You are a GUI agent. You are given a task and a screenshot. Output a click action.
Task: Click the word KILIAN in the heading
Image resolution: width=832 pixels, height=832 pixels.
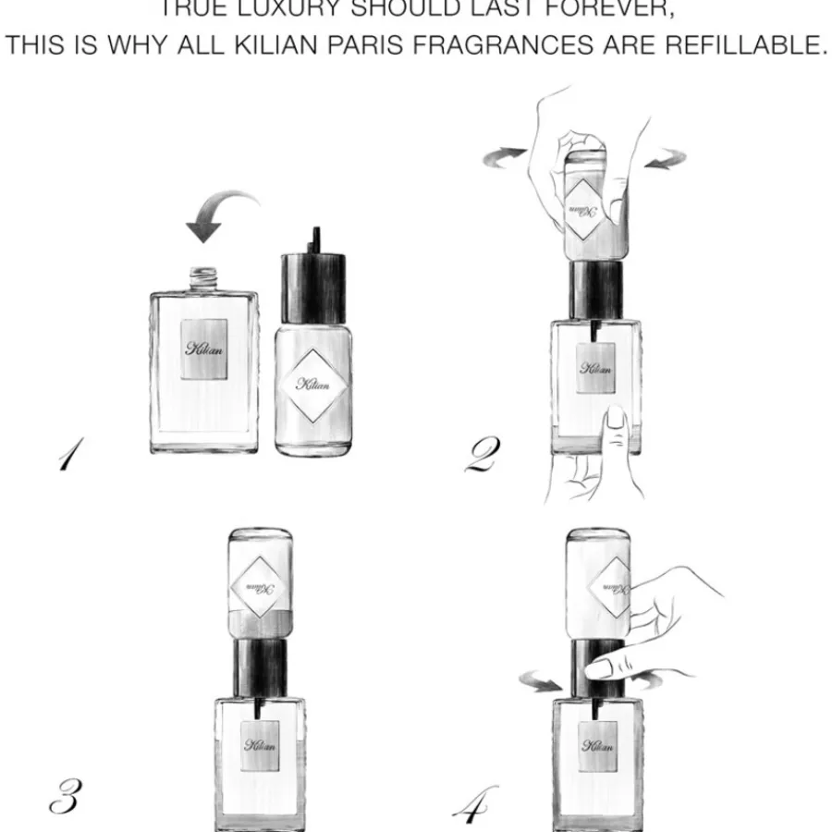click(x=288, y=46)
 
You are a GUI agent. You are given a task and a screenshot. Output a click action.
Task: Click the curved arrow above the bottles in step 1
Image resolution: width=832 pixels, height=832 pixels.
click(x=221, y=212)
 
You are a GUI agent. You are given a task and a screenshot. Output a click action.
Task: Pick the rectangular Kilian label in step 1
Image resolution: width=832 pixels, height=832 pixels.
click(x=204, y=349)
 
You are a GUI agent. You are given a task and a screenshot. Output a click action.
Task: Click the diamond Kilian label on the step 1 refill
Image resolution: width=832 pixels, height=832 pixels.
click(x=313, y=384)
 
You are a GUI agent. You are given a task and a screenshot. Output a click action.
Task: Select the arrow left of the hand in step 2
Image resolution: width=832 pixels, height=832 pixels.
click(x=506, y=157)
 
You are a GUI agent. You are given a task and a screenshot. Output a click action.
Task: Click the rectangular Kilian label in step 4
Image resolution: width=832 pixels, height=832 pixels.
click(x=597, y=745)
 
